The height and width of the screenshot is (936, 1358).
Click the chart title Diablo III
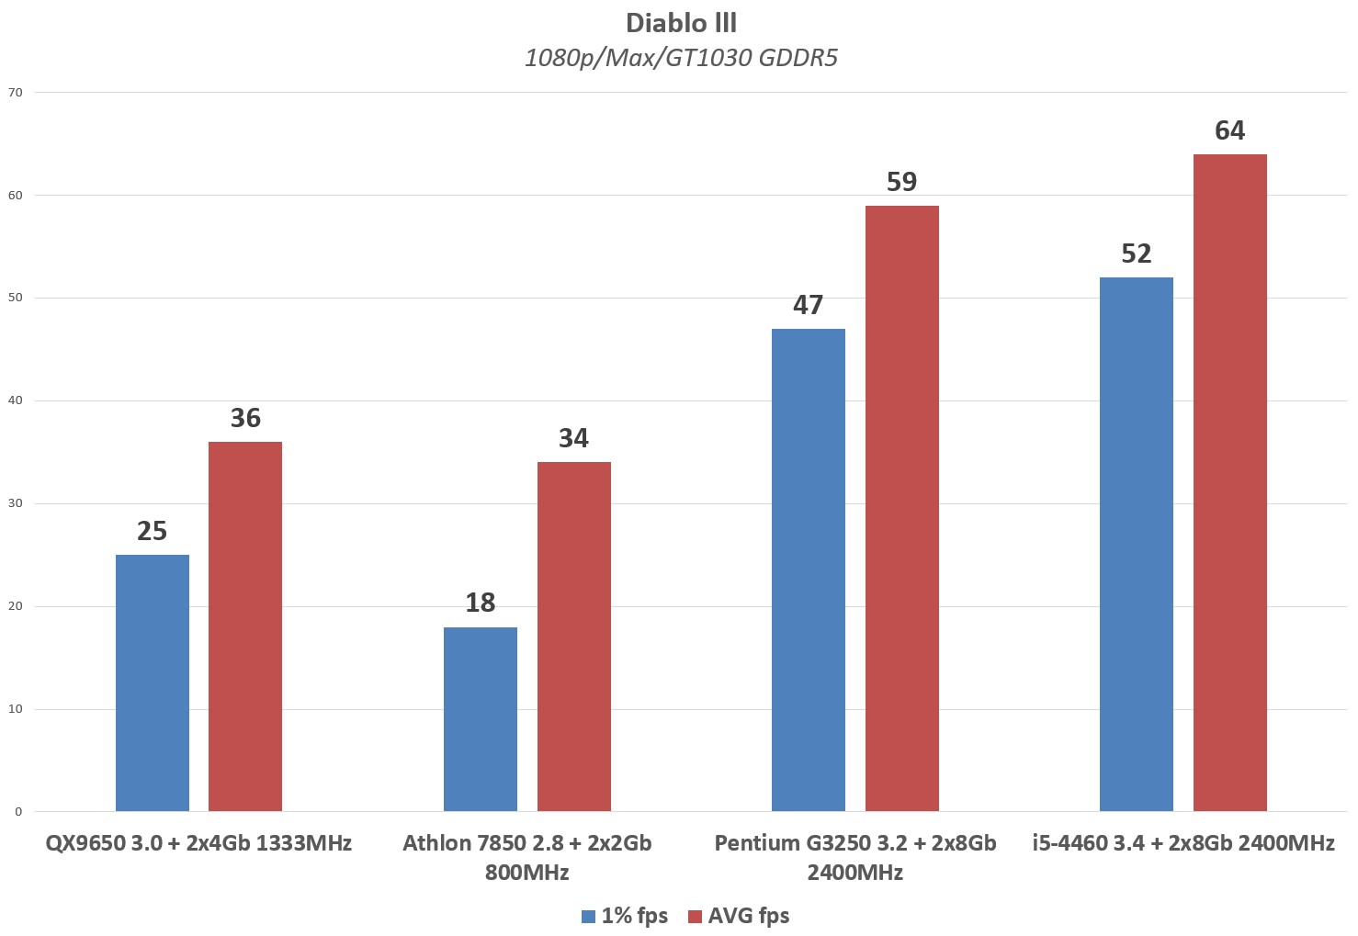681,22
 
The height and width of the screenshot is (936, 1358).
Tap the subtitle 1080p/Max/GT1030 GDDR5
681,58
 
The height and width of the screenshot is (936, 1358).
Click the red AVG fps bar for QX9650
245,626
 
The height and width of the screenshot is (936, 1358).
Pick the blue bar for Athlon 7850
481,719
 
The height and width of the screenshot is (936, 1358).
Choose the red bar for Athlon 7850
574,637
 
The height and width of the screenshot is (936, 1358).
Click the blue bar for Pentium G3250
809,569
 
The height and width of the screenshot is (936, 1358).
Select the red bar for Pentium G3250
902,508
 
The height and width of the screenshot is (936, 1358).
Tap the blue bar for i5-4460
1137,544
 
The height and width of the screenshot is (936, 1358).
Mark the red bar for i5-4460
1230,482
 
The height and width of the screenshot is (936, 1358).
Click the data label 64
1229,130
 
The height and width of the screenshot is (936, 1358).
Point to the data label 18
481,603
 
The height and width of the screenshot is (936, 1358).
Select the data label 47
809,305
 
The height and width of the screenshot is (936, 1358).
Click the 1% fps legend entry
625,916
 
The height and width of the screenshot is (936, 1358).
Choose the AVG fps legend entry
739,916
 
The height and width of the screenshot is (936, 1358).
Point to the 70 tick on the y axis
15,92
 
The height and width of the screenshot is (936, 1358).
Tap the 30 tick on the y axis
15,503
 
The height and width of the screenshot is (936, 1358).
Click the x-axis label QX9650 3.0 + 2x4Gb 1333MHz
199,843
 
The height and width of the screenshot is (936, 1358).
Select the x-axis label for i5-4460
1183,843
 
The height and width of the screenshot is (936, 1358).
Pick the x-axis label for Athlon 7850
527,857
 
